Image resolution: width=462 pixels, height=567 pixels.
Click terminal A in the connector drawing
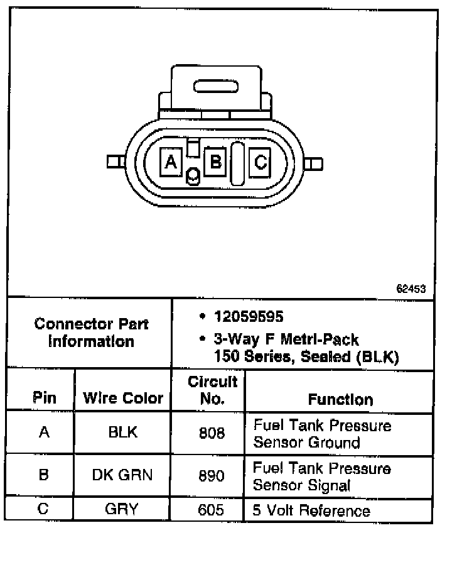[170, 162]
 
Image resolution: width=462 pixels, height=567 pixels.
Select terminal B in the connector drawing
[215, 162]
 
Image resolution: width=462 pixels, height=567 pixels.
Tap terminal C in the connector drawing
[260, 162]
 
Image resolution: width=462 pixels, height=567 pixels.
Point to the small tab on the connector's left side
[114, 162]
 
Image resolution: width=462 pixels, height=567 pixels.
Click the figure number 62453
[411, 289]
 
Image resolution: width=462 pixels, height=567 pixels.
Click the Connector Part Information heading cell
[91, 333]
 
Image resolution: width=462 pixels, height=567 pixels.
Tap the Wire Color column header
[123, 398]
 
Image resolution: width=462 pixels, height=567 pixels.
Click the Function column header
[340, 399]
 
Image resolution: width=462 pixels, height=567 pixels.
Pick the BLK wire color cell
[123, 432]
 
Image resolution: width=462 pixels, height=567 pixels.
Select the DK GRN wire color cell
[123, 474]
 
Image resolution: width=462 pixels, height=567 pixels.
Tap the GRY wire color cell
[123, 509]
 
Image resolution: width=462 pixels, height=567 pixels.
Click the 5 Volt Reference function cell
[311, 510]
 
